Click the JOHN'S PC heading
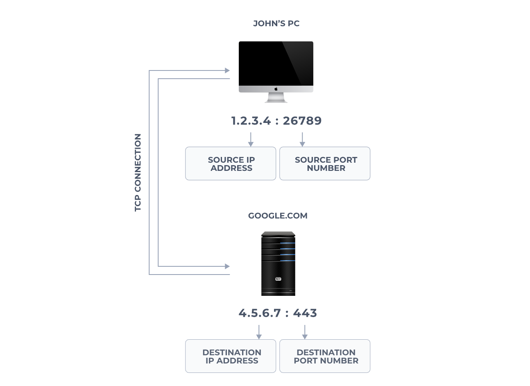tap(276, 23)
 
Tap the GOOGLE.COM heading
tap(278, 216)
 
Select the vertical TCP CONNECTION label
tap(138, 173)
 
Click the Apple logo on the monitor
tap(276, 89)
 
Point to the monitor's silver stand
tap(276, 98)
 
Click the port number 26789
tap(302, 121)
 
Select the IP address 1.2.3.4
tap(251, 121)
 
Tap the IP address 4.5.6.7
tap(260, 313)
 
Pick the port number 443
tap(305, 313)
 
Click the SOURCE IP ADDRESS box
tap(231, 163)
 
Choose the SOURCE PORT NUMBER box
tap(325, 163)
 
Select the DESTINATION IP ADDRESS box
tap(231, 356)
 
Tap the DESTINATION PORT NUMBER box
tap(325, 356)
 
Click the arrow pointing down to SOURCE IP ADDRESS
tap(251, 139)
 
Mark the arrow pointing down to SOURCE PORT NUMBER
tap(302, 139)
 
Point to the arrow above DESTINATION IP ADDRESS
tap(259, 332)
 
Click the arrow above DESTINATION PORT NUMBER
tap(305, 332)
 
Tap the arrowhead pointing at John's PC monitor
tap(227, 70)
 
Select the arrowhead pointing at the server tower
tap(227, 266)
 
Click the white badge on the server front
tap(278, 279)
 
